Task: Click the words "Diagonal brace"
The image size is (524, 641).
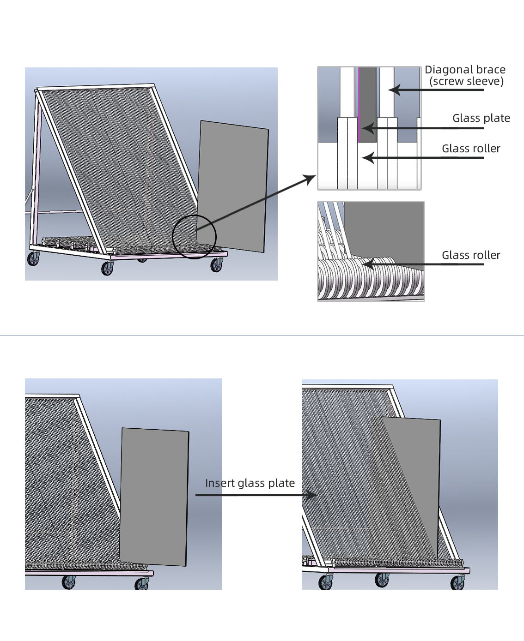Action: tap(465, 70)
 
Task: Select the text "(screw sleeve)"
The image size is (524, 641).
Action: tap(466, 82)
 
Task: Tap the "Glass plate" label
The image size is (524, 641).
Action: tap(481, 118)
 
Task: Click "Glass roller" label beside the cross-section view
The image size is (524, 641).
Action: tap(471, 149)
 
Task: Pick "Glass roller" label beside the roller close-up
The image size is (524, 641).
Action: tap(471, 255)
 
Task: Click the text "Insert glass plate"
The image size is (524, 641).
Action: tap(250, 483)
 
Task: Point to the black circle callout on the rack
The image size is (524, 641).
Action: tap(194, 236)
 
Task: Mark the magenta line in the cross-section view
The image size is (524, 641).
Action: tap(358, 106)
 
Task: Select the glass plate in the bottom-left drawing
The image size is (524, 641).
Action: tap(154, 496)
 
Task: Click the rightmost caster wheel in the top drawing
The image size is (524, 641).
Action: tap(217, 265)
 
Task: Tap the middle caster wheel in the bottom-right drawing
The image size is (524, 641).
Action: tap(382, 580)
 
